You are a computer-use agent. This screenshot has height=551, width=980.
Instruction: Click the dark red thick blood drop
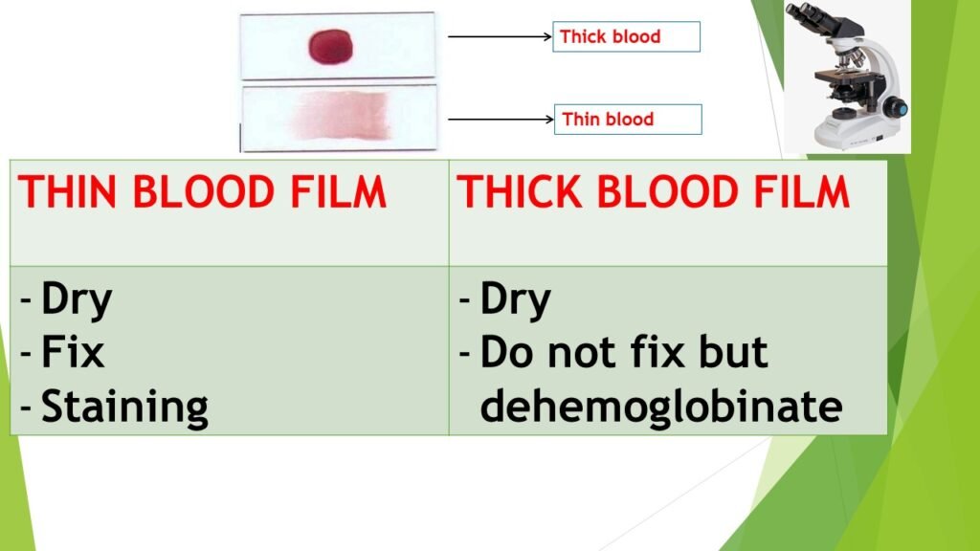click(331, 45)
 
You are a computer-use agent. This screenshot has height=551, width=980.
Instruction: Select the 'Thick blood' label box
click(627, 37)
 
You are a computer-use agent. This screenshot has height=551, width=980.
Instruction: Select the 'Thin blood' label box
click(628, 120)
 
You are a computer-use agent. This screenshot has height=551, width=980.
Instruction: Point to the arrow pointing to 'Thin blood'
click(500, 120)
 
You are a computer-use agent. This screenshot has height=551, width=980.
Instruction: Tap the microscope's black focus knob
click(897, 108)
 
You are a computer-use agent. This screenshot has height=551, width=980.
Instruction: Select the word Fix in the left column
click(73, 354)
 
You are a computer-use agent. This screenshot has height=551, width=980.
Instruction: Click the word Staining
click(124, 407)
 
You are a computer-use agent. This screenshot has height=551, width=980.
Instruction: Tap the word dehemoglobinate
click(661, 406)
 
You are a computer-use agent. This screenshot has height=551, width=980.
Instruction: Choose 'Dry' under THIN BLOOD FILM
click(77, 300)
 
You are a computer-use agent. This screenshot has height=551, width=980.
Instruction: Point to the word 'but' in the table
click(733, 353)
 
